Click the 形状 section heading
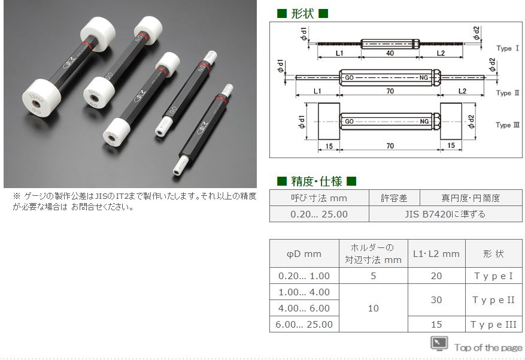tap(302, 13)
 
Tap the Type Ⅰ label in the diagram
tap(508, 49)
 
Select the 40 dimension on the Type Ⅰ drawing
tap(390, 53)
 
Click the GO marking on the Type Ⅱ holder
tap(349, 78)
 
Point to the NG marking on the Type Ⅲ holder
tap(424, 121)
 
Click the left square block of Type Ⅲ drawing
tap(329, 121)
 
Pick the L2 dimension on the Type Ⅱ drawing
tap(462, 91)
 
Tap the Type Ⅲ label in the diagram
tap(508, 125)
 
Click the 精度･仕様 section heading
tap(317, 181)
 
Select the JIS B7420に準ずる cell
tap(445, 214)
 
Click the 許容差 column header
tap(394, 198)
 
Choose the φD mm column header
tap(304, 254)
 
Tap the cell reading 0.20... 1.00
tap(304, 276)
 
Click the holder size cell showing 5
tap(374, 276)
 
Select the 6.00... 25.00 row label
tap(304, 324)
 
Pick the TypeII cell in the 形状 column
tap(493, 300)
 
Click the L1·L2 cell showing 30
tap(436, 300)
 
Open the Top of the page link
tap(488, 348)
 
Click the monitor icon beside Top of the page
tap(439, 343)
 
